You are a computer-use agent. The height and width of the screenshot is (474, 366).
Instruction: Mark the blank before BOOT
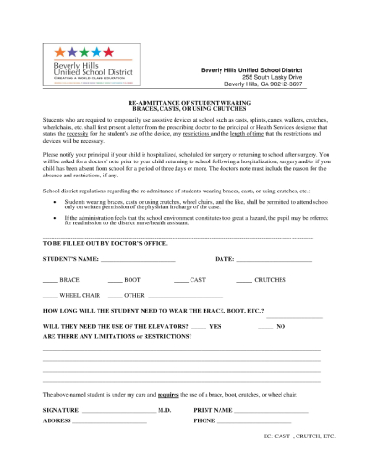coord(114,281)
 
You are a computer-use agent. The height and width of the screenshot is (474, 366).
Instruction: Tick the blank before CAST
coord(180,281)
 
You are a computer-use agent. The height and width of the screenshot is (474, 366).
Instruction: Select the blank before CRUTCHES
coord(244,281)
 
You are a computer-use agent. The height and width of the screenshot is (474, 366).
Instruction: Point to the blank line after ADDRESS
coord(111,421)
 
